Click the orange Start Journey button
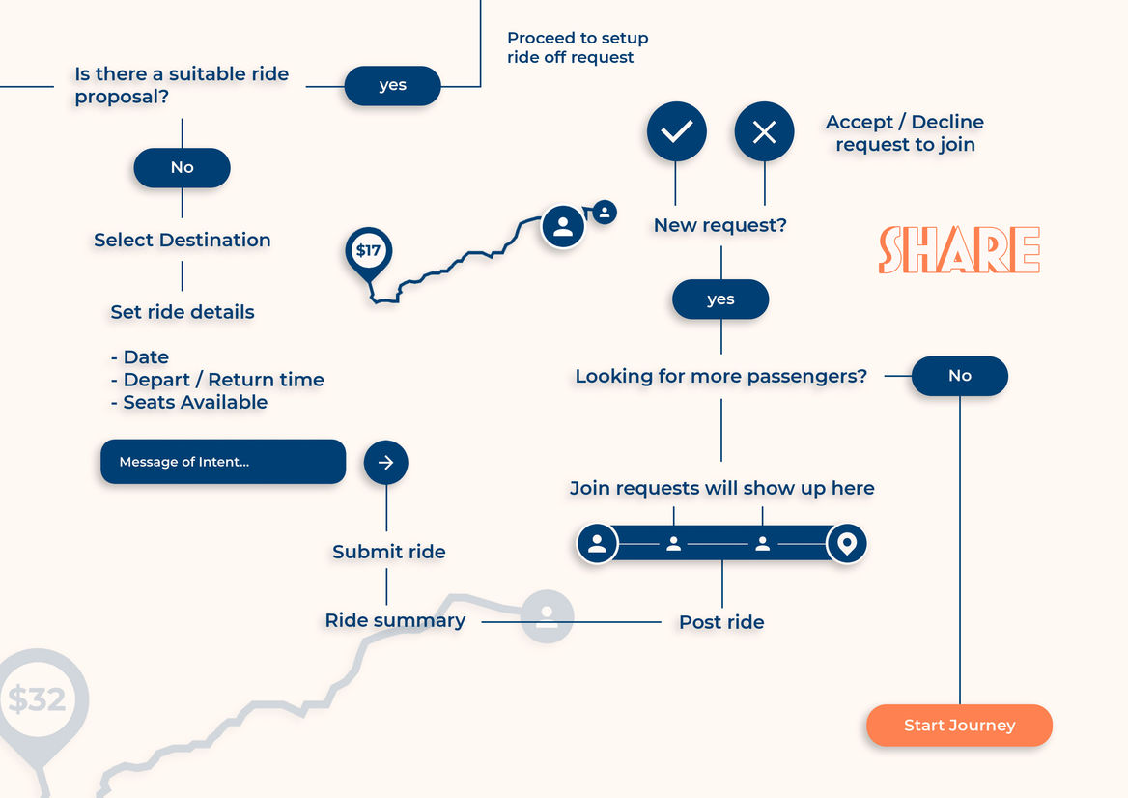(x=959, y=726)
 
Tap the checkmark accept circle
(x=676, y=131)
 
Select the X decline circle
(x=764, y=131)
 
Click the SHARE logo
(x=959, y=250)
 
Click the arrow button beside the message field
(x=385, y=463)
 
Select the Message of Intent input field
(x=223, y=462)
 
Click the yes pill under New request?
(x=720, y=299)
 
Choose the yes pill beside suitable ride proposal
(x=392, y=85)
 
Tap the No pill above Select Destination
(x=182, y=167)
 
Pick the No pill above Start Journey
(x=959, y=376)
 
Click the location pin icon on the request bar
(x=847, y=544)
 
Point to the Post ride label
(x=721, y=622)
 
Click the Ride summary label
(x=395, y=620)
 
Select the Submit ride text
(x=389, y=552)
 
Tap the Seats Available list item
(x=189, y=402)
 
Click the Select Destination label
(x=183, y=240)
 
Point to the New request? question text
(x=720, y=225)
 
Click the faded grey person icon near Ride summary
(x=548, y=615)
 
